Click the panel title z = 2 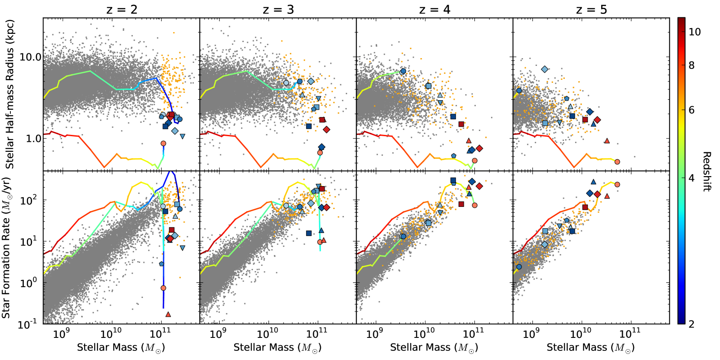(122, 10)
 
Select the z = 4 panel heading (435, 10)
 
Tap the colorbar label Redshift (707, 171)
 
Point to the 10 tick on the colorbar (694, 32)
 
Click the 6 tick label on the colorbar (691, 110)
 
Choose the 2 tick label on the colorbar (691, 324)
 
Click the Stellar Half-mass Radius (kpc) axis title (10, 94)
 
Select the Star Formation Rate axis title (6, 248)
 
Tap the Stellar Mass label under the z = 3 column (277, 347)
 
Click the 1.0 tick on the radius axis (33, 139)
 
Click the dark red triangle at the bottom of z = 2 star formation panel (168, 314)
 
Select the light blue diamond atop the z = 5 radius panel (544, 69)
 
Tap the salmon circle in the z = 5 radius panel (617, 162)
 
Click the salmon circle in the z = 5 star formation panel (617, 184)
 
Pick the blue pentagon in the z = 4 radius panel (453, 156)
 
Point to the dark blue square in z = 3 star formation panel (309, 233)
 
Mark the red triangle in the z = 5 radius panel (607, 141)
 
